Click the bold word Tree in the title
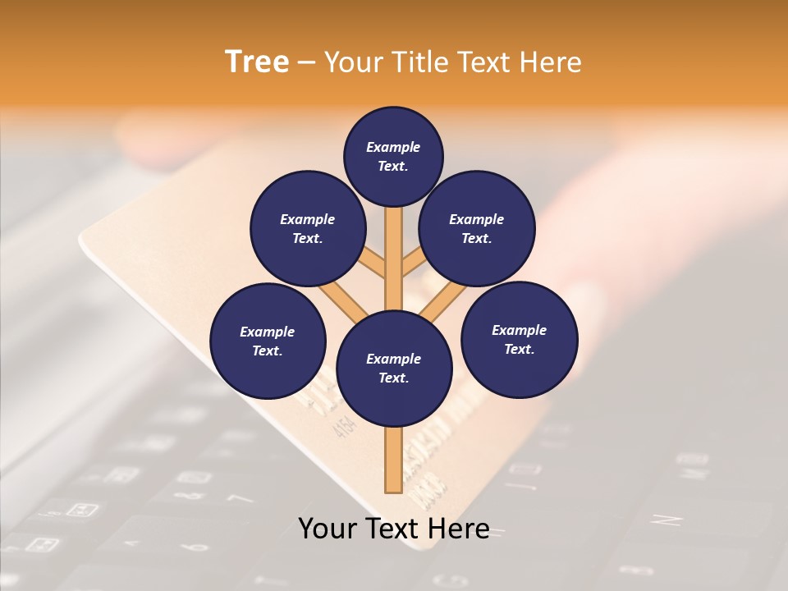[257, 62]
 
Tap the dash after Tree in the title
[306, 63]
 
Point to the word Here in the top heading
[551, 62]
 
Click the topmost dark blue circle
[393, 156]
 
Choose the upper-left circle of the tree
[308, 228]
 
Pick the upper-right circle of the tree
[477, 228]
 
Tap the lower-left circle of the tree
[268, 341]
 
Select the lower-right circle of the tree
[519, 339]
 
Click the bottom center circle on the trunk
[394, 368]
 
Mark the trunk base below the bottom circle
[394, 460]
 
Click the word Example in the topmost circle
[393, 147]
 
